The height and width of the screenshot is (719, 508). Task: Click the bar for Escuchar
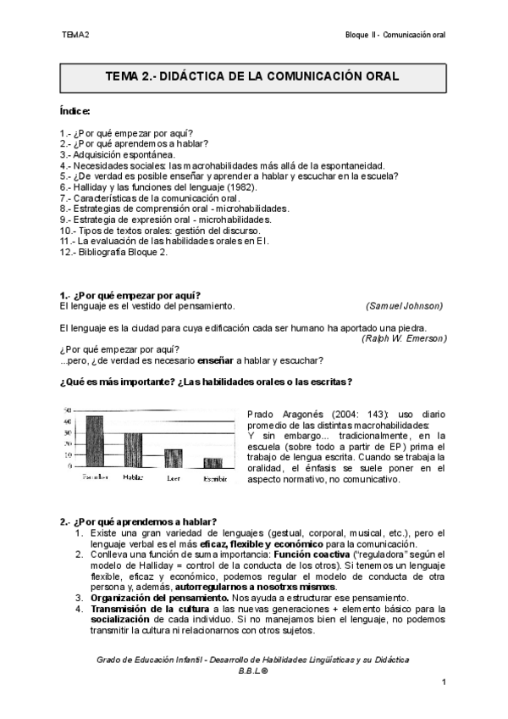[x=95, y=442]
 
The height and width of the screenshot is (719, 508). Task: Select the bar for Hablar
[x=134, y=451]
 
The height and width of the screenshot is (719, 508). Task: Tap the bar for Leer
[x=173, y=459]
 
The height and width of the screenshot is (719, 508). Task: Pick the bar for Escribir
[x=213, y=463]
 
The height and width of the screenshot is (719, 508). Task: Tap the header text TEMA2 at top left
[x=75, y=35]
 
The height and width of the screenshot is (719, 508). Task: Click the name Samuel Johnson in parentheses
[x=404, y=305]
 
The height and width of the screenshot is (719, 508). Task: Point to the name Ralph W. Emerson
[x=404, y=337]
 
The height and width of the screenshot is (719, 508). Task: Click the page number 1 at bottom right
[x=444, y=682]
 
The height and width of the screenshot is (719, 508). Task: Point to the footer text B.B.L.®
[x=253, y=670]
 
